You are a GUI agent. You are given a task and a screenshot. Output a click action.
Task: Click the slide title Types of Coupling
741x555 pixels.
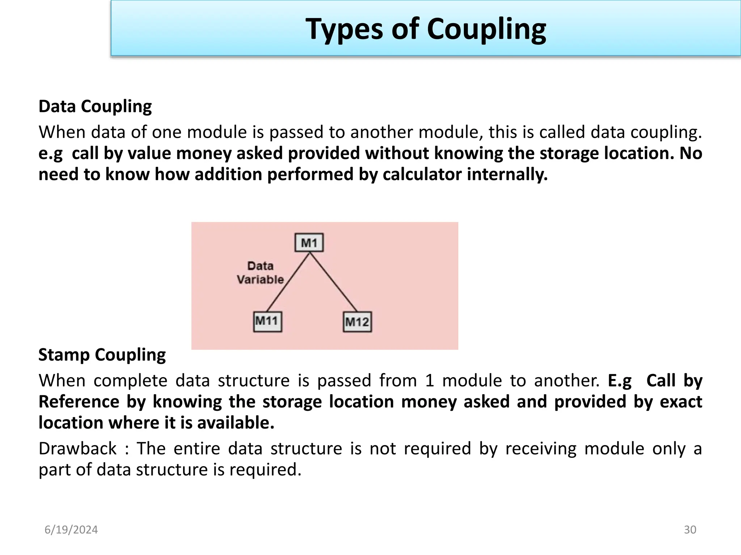[425, 29]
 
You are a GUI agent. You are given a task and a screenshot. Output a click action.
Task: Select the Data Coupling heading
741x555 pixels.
[95, 106]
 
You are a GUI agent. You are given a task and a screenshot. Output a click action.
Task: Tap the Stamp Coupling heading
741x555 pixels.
[102, 355]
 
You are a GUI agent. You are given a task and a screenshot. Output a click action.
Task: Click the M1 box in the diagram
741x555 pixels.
[309, 243]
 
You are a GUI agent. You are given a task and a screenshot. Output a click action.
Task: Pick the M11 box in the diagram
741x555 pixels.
[267, 321]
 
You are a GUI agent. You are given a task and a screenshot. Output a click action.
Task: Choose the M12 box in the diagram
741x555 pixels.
[357, 322]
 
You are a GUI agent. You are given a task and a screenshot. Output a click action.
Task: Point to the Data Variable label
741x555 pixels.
[260, 273]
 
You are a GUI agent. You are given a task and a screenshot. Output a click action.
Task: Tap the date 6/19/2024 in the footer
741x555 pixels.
[71, 530]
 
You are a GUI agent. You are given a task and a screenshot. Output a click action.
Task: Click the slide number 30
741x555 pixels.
[690, 530]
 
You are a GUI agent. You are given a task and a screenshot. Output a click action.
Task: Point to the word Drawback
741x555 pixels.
[77, 449]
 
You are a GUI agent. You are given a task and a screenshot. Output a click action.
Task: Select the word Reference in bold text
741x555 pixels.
[79, 402]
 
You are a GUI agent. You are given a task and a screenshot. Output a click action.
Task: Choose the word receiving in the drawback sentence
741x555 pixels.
[541, 449]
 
